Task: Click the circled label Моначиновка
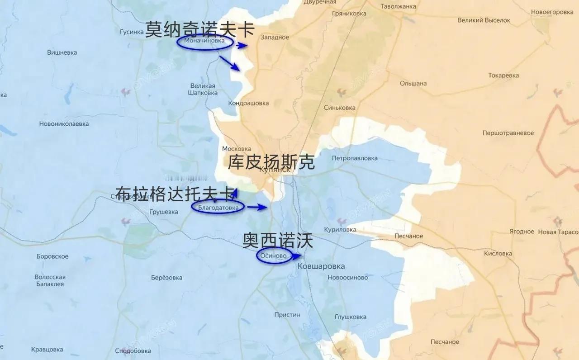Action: pyautogui.click(x=204, y=42)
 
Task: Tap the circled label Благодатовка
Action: pyautogui.click(x=218, y=207)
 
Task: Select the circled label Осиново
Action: pyautogui.click(x=274, y=256)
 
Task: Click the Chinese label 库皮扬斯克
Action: pyautogui.click(x=271, y=162)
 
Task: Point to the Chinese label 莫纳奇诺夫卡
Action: pyautogui.click(x=199, y=30)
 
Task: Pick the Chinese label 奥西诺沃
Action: pyautogui.click(x=277, y=241)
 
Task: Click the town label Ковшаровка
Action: pyautogui.click(x=321, y=266)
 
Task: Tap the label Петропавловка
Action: pyautogui.click(x=355, y=158)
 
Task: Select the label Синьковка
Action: pyautogui.click(x=340, y=108)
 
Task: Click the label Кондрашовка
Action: pyautogui.click(x=248, y=103)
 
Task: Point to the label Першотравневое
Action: pyautogui.click(x=508, y=133)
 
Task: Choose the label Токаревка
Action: pyautogui.click(x=503, y=76)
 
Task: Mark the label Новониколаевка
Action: pyautogui.click(x=64, y=124)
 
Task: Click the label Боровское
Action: pyautogui.click(x=52, y=256)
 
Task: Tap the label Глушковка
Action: pyautogui.click(x=351, y=317)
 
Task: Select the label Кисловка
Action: pyautogui.click(x=498, y=253)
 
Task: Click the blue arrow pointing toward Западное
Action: pyautogui.click(x=242, y=45)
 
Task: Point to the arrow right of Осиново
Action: pyautogui.click(x=296, y=256)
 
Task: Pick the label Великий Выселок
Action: pyautogui.click(x=484, y=20)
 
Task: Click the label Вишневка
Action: pyautogui.click(x=62, y=52)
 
